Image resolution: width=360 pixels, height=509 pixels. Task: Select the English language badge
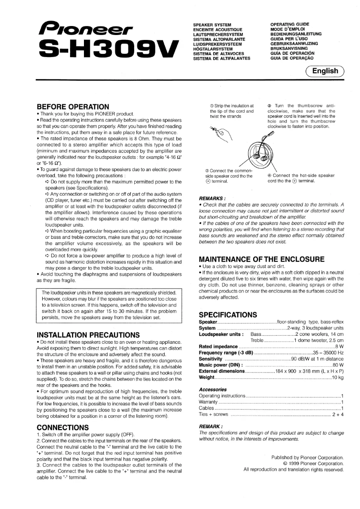tap(325, 71)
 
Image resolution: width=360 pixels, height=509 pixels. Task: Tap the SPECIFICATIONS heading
tap(228, 315)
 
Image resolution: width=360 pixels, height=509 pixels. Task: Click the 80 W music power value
tap(338, 365)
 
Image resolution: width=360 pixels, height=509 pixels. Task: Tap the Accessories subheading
tap(213, 390)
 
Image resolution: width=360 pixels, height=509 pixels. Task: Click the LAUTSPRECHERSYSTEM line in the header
tap(218, 34)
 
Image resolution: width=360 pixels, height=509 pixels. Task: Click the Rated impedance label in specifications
tap(218, 347)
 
